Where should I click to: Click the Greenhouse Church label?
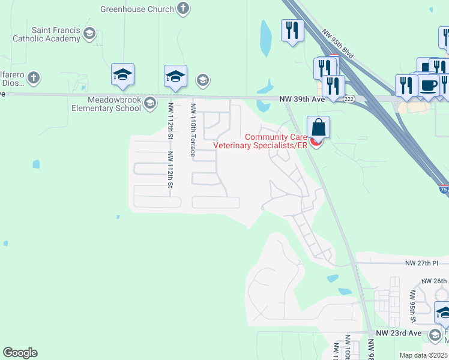(137, 9)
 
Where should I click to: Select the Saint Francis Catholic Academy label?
(47, 34)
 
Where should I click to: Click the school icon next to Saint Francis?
(89, 33)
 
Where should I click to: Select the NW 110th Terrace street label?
(193, 130)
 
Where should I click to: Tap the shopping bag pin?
(318, 128)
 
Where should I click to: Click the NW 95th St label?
(413, 305)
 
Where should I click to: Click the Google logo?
(20, 353)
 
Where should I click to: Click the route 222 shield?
(349, 98)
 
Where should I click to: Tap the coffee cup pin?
(429, 86)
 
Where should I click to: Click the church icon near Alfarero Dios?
(34, 77)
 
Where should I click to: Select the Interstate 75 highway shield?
(443, 190)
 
